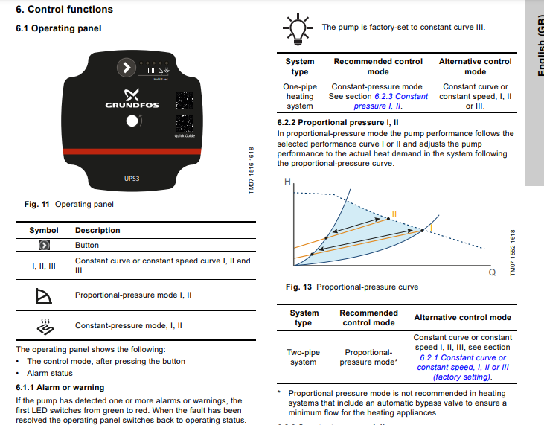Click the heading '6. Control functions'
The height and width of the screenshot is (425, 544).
coord(65,10)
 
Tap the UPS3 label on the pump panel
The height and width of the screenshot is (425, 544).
coord(132,179)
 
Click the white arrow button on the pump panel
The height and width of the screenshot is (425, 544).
coord(127,68)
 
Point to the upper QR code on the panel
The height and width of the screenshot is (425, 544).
coord(184,100)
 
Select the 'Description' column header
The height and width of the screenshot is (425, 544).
coord(97,231)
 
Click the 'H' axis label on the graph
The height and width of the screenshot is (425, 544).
coord(288,182)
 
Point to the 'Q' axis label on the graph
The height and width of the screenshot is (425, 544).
coord(492,272)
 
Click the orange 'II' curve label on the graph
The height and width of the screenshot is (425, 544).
coord(394,214)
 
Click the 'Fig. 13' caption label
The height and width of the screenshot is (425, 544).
coord(300,287)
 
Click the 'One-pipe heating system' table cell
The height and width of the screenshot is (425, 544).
coord(300,96)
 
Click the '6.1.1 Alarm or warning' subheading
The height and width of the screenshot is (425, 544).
coord(60,387)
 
